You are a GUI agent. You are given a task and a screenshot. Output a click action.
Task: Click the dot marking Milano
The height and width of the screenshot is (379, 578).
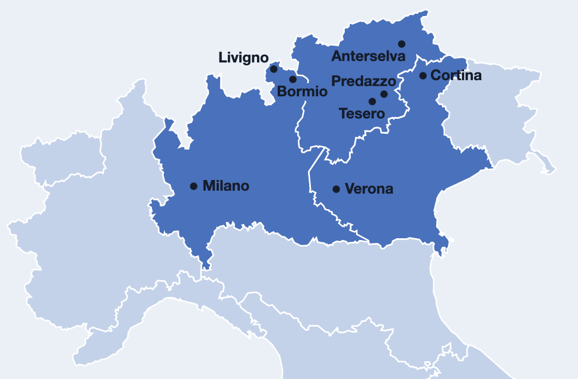point(193,186)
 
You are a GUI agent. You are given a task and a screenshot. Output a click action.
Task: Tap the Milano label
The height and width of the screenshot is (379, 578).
point(226,186)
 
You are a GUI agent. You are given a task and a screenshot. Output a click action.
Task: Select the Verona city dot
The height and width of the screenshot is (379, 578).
point(336,189)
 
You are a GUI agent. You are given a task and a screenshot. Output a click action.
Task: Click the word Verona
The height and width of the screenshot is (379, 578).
point(369,189)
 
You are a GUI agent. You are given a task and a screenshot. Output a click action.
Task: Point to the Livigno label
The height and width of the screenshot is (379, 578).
point(243,58)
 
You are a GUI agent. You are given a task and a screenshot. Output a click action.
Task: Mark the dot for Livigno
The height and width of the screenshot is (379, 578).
point(274,69)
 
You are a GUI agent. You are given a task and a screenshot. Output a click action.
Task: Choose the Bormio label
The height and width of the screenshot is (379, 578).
point(302,92)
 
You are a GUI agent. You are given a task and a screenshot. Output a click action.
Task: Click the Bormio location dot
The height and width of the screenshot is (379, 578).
point(293,79)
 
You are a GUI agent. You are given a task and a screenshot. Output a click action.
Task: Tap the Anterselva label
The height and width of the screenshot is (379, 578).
point(368,56)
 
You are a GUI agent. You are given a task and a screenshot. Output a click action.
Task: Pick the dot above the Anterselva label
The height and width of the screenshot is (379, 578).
point(402,44)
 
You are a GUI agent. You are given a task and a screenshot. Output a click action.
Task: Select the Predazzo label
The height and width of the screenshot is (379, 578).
point(363,81)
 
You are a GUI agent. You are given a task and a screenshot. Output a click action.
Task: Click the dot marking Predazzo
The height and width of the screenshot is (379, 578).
point(384,94)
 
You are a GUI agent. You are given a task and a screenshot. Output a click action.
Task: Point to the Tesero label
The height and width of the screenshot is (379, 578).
point(361,113)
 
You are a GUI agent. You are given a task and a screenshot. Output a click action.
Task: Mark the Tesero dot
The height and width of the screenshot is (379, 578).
point(372,102)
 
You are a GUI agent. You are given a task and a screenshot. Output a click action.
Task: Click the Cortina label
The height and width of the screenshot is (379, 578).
point(456,75)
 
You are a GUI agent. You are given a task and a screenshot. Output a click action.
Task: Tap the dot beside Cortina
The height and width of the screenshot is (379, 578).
point(423,75)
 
